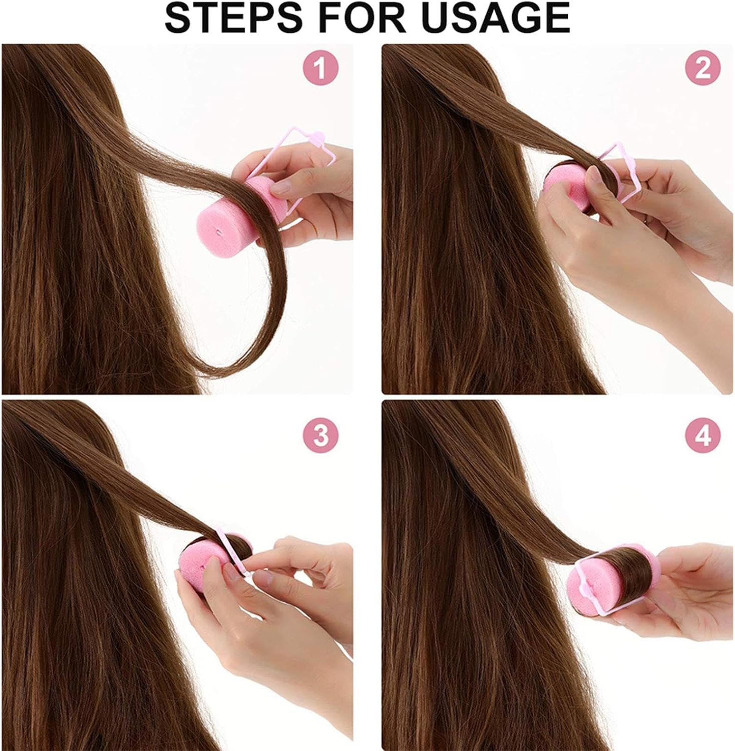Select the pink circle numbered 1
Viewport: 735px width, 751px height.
pyautogui.click(x=320, y=69)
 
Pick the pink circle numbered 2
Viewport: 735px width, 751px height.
pyautogui.click(x=703, y=69)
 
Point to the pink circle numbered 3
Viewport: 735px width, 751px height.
pyautogui.click(x=320, y=436)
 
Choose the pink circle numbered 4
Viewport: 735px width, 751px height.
pyautogui.click(x=703, y=436)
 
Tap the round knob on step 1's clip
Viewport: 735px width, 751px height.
pyautogui.click(x=318, y=136)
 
